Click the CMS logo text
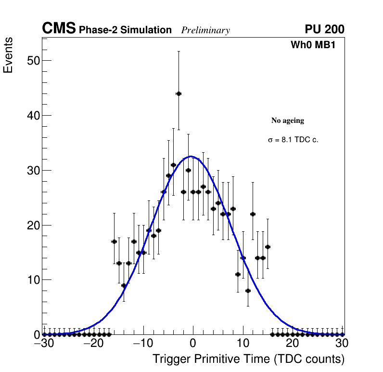pyautogui.click(x=59, y=29)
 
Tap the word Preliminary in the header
pyautogui.click(x=205, y=30)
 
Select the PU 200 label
pyautogui.click(x=324, y=29)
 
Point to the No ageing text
pyautogui.click(x=288, y=120)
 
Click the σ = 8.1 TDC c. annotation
pyautogui.click(x=293, y=140)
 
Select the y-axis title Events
pyautogui.click(x=8, y=55)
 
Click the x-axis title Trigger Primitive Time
pyautogui.click(x=248, y=359)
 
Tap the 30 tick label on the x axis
pyautogui.click(x=342, y=344)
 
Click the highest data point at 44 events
pyautogui.click(x=179, y=93)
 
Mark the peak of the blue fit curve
pyautogui.click(x=191, y=156)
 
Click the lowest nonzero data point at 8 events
pyautogui.click(x=248, y=291)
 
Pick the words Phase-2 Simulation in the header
pyautogui.click(x=125, y=30)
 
